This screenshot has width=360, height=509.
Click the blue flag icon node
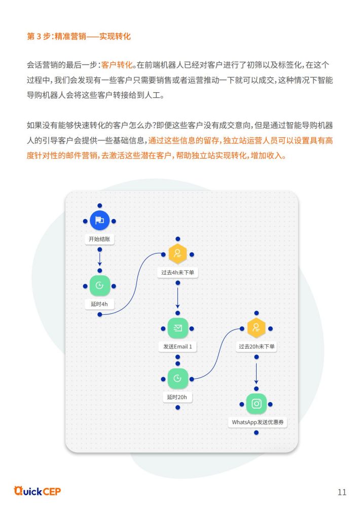[100, 221]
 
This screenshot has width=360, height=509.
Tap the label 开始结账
[100, 239]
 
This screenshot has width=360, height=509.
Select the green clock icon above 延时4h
[100, 285]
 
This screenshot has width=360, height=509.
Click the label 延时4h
[99, 304]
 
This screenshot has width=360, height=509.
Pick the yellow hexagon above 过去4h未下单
[177, 254]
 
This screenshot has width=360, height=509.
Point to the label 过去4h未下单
[177, 273]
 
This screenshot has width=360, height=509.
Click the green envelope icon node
[177, 328]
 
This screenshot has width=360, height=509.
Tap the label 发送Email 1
[177, 347]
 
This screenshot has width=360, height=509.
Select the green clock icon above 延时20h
[177, 379]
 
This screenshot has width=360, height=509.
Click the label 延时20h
[177, 397]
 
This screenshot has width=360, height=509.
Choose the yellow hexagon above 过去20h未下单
[257, 328]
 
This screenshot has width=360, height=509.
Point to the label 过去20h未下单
[257, 347]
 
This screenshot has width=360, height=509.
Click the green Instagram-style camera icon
[257, 404]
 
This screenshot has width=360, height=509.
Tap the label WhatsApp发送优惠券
[258, 422]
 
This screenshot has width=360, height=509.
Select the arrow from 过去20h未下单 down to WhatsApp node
[257, 373]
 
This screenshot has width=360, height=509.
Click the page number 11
[342, 492]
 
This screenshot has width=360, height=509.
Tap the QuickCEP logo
[37, 491]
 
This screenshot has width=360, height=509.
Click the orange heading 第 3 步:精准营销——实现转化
[79, 36]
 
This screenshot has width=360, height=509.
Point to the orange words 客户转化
[117, 65]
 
